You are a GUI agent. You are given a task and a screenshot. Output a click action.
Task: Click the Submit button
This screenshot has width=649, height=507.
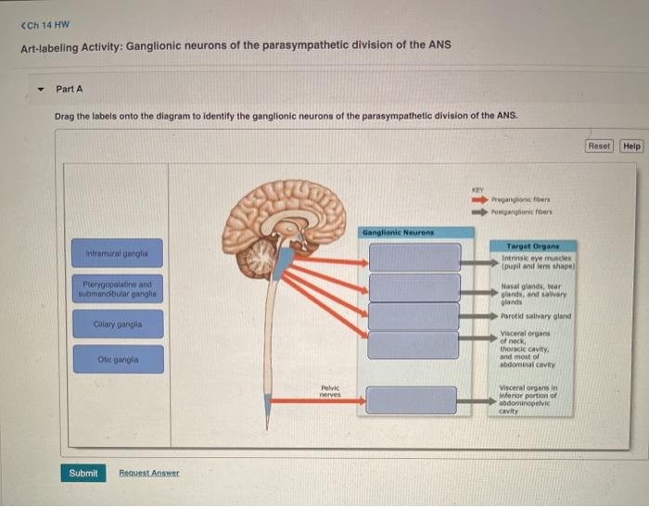click(83, 473)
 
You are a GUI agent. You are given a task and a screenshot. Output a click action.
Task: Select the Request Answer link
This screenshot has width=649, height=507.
click(149, 473)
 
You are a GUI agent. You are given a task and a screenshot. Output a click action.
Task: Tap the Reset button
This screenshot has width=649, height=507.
click(599, 146)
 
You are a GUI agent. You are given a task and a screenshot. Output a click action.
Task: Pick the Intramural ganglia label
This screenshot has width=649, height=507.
click(117, 252)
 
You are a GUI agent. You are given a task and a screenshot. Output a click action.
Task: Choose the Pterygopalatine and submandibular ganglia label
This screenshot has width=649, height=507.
click(117, 289)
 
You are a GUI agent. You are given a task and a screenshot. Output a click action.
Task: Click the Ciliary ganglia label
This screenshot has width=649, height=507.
click(117, 325)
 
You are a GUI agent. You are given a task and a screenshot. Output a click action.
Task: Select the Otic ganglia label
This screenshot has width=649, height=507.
click(117, 360)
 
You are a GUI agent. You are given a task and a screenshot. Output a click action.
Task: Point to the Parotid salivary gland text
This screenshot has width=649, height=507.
click(535, 316)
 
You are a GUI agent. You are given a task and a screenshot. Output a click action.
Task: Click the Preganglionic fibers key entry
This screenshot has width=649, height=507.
click(529, 196)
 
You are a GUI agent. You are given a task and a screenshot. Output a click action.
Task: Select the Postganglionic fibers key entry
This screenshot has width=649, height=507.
click(531, 209)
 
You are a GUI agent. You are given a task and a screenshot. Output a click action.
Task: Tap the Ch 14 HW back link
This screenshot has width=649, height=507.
click(45, 25)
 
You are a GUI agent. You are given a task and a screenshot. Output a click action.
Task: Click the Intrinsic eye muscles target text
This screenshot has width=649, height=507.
click(537, 261)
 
